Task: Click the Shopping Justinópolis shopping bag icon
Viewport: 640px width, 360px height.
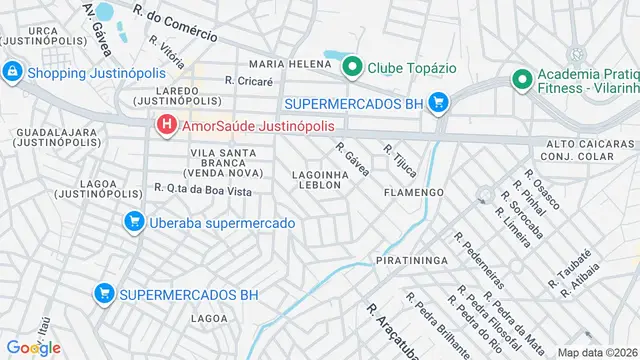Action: [x=12, y=72]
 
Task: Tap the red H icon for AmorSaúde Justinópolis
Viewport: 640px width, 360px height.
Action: [x=166, y=125]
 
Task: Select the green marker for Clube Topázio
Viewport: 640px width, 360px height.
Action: [x=352, y=68]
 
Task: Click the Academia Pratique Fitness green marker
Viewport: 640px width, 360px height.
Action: [x=521, y=78]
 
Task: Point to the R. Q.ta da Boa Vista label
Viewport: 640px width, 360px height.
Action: [x=203, y=190]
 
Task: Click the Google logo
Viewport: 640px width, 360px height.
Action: [x=33, y=347]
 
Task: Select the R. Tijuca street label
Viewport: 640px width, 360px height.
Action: [x=399, y=156]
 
